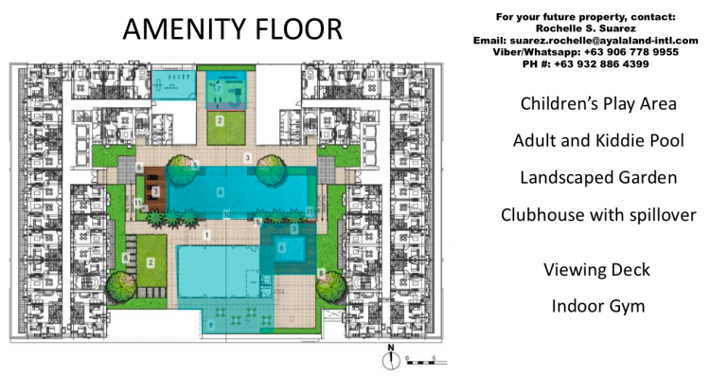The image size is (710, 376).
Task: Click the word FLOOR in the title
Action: (x=298, y=28)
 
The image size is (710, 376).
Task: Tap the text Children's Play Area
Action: (x=594, y=103)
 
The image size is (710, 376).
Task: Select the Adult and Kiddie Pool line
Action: (x=595, y=140)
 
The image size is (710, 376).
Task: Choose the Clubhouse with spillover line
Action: (x=598, y=215)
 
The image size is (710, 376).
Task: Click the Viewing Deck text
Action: (x=596, y=270)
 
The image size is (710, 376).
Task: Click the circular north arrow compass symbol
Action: (x=389, y=359)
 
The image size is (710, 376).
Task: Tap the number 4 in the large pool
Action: (x=220, y=192)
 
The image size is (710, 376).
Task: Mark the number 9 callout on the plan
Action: (x=210, y=325)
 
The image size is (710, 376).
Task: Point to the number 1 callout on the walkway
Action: (x=207, y=234)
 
